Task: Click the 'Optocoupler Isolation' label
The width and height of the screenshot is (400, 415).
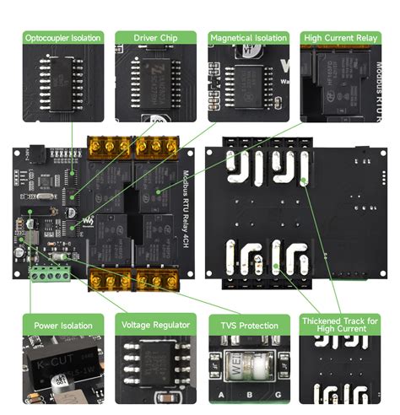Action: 63,38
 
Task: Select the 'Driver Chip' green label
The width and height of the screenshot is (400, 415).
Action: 155,38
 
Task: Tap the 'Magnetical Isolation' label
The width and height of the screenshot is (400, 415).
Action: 248,38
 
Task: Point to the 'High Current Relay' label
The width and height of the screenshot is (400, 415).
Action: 340,38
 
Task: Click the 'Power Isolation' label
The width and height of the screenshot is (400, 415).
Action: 63,324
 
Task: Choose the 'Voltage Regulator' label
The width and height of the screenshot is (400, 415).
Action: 155,324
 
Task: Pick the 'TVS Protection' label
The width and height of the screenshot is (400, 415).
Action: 248,324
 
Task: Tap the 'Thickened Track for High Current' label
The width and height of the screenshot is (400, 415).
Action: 340,324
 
